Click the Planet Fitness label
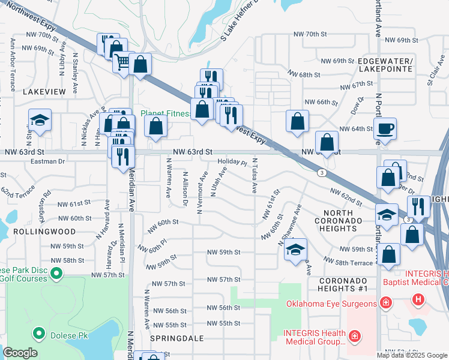click(166, 113)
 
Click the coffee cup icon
click(385, 128)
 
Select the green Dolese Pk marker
click(39, 332)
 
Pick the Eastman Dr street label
click(49, 161)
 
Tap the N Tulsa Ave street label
click(255, 176)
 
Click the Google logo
click(20, 353)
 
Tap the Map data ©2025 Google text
click(411, 355)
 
